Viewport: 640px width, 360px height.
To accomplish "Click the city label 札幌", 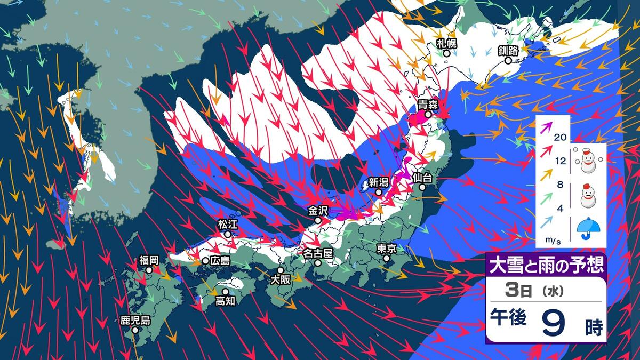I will (447, 44).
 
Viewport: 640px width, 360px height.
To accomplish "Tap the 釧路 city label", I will (508, 51).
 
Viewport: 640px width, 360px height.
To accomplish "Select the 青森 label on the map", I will (428, 105).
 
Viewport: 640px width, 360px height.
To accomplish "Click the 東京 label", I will (386, 249).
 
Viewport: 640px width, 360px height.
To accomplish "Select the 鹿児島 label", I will (135, 320).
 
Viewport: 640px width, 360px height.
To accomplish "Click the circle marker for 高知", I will (226, 292).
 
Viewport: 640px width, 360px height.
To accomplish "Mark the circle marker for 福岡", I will (149, 270).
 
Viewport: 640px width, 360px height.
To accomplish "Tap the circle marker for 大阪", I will (281, 270).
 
